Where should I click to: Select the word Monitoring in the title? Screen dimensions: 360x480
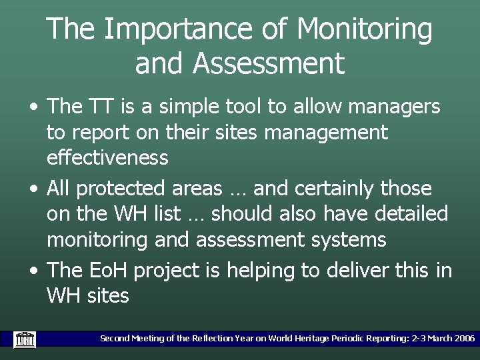coord(365,30)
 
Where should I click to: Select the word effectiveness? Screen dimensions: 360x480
coord(107,158)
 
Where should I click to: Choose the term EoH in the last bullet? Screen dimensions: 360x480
coord(107,270)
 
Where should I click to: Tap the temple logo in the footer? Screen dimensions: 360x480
coord(25,339)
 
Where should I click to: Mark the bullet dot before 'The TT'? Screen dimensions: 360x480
coord(33,107)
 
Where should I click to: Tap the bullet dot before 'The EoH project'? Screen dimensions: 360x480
coord(33,271)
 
